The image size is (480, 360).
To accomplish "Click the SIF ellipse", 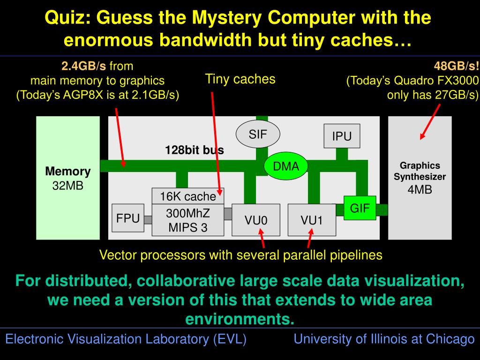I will pos(257,135).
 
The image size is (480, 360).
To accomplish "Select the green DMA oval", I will pos(286,166).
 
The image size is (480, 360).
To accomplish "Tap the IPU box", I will pos(342,136).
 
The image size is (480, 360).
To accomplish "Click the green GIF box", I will pos(360,208).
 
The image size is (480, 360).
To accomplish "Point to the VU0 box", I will pos(256,220).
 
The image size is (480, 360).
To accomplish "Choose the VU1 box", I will pos(312,220).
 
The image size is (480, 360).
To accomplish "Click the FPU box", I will pos(128,218).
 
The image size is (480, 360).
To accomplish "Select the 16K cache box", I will pos(188,196).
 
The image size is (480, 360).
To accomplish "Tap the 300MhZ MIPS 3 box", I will pos(187,221).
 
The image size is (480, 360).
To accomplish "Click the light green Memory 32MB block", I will pos(68,178).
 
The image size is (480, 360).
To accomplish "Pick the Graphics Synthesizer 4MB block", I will pos(420,178).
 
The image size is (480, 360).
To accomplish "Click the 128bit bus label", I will pos(194,150).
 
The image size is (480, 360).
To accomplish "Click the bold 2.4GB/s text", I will pos(84,66).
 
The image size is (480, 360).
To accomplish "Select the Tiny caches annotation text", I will pos(240,79).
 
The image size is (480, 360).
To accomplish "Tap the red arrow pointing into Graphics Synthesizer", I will pos(430,121).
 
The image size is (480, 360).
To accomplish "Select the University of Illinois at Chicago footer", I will pos(384,339).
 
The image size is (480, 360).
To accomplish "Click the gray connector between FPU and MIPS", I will pos(148,219).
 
